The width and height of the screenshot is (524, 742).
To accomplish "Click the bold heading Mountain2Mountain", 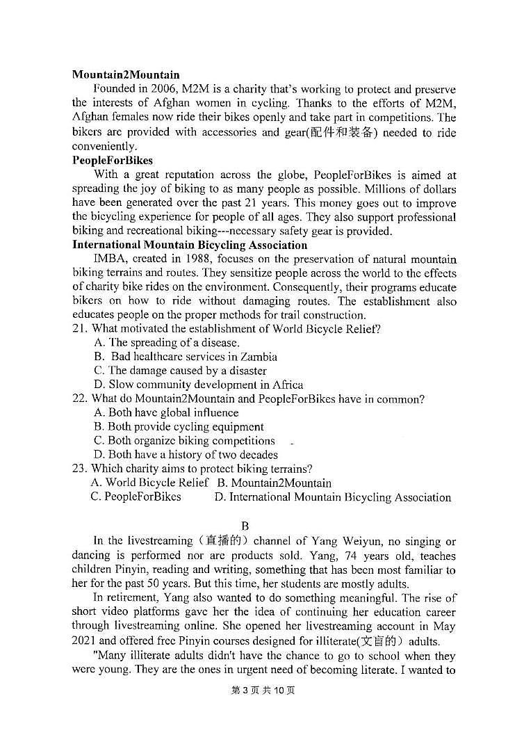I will point(125,74).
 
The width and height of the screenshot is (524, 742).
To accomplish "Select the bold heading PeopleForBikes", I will point(112,160).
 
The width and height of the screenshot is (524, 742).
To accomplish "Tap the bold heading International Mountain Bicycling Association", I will point(189,245).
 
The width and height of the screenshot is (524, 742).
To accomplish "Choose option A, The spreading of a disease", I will point(167,343).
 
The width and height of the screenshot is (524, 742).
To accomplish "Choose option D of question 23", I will point(333,497).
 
